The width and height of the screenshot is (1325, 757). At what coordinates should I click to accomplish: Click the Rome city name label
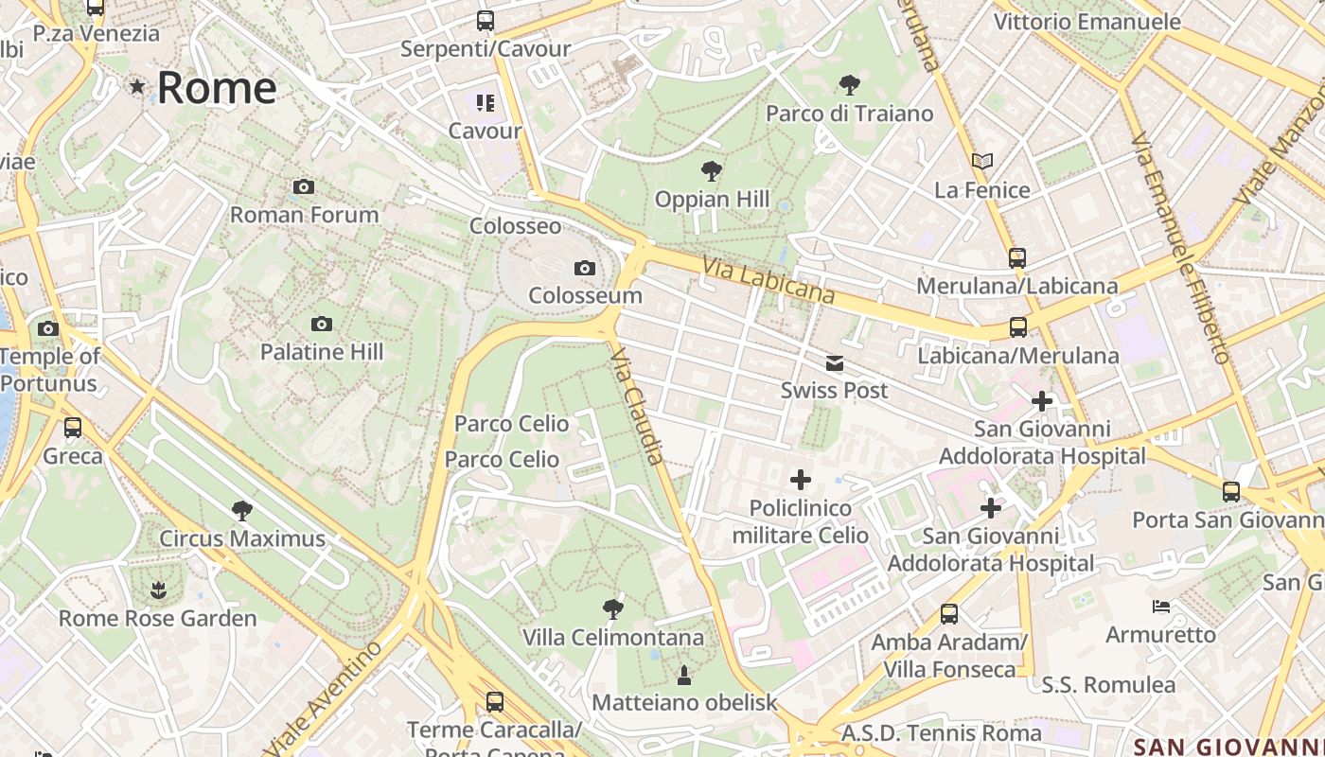click(216, 88)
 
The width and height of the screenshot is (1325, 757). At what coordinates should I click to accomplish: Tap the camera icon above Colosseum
click(585, 269)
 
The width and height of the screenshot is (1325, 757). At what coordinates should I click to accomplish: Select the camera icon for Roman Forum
click(304, 187)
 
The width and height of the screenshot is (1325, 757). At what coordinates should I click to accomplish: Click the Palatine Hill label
click(322, 352)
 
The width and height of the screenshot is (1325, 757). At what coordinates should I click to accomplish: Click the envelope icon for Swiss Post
click(834, 363)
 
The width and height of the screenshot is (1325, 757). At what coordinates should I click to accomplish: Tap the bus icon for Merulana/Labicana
click(1017, 258)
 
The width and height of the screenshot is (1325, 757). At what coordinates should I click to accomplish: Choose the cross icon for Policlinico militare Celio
click(801, 480)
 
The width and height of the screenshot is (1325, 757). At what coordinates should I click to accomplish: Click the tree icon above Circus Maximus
click(242, 511)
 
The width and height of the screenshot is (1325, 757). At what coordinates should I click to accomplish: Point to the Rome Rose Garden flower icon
click(157, 591)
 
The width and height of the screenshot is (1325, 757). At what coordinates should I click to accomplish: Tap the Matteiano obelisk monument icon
click(683, 676)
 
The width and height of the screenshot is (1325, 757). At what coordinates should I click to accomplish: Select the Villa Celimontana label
click(613, 638)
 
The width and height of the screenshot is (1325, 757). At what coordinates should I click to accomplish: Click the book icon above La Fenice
click(981, 162)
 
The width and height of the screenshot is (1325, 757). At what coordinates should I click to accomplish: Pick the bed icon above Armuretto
click(1161, 607)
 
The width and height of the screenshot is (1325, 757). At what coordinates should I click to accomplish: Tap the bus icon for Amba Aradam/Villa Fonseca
click(949, 614)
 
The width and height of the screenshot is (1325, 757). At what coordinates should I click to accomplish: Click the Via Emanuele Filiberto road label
click(1180, 248)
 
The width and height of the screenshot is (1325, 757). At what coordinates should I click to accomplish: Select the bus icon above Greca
click(73, 428)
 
